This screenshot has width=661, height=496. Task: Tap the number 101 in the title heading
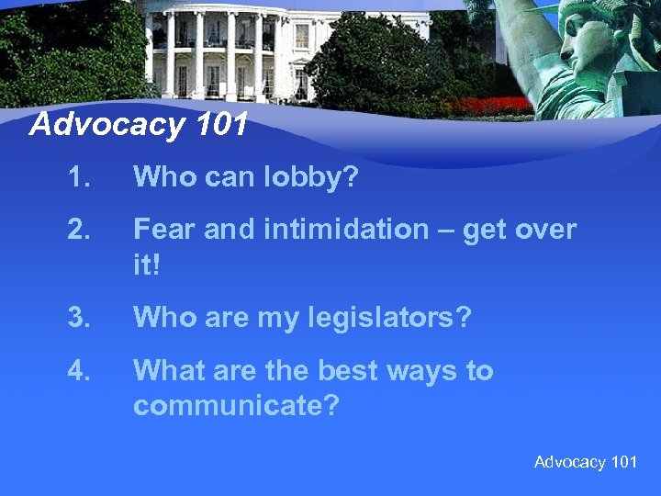221,124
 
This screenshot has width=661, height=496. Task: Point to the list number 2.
78,229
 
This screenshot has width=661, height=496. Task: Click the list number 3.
78,318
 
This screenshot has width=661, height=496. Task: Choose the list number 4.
78,370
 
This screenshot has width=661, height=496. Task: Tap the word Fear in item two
164,229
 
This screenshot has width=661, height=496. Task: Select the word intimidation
353,229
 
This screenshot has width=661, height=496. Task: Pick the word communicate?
235,404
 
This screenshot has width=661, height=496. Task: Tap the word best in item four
350,370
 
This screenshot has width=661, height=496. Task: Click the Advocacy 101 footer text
585,462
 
